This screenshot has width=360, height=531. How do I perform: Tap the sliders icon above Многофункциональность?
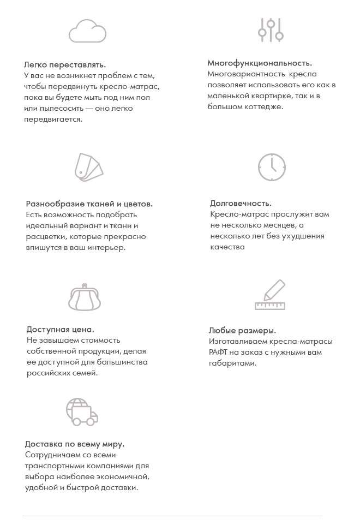271,29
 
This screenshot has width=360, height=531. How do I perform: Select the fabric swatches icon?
88,166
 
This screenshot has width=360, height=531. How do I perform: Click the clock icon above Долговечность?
272,167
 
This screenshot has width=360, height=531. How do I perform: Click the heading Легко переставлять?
65,64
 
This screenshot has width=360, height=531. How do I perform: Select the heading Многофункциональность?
260,63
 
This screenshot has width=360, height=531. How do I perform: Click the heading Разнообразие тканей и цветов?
89,204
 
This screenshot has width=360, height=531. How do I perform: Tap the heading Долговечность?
241,204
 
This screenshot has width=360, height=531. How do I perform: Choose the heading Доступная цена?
61,330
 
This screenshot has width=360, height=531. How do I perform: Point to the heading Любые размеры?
242,331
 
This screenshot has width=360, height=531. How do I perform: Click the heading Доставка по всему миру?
75,444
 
